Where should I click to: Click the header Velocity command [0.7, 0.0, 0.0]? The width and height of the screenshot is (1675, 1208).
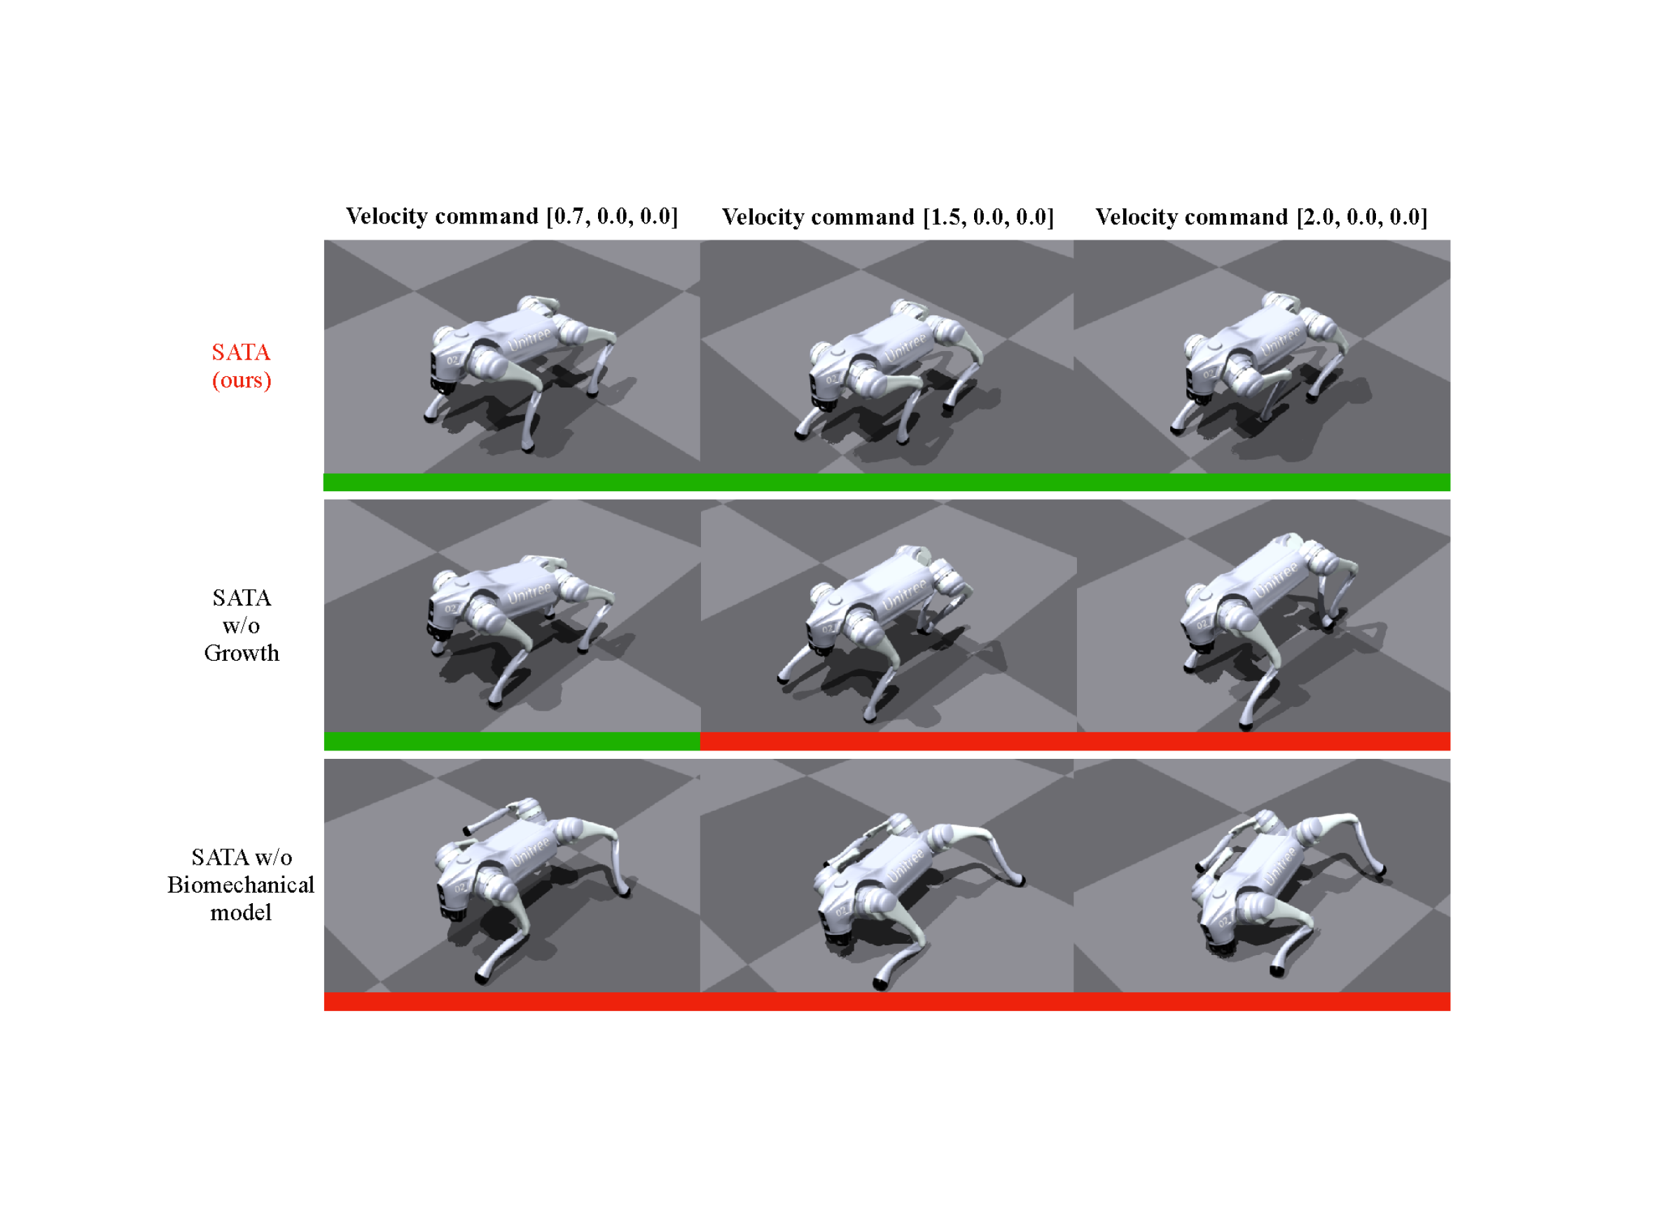tap(512, 217)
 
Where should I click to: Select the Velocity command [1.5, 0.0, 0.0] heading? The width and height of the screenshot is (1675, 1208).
tap(888, 217)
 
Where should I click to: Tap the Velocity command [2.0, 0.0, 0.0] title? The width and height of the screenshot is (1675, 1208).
tap(1261, 217)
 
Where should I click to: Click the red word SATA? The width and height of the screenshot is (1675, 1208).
tap(242, 352)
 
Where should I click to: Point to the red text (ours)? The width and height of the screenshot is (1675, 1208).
tap(242, 380)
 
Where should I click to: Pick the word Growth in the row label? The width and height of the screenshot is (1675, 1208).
tap(242, 653)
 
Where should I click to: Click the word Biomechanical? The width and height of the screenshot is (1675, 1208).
tap(241, 885)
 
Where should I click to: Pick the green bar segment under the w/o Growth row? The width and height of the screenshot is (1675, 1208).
tap(512, 741)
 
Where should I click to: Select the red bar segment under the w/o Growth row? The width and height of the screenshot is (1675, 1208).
tap(1076, 741)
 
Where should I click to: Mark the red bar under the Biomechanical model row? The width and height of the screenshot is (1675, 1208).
tap(887, 1002)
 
